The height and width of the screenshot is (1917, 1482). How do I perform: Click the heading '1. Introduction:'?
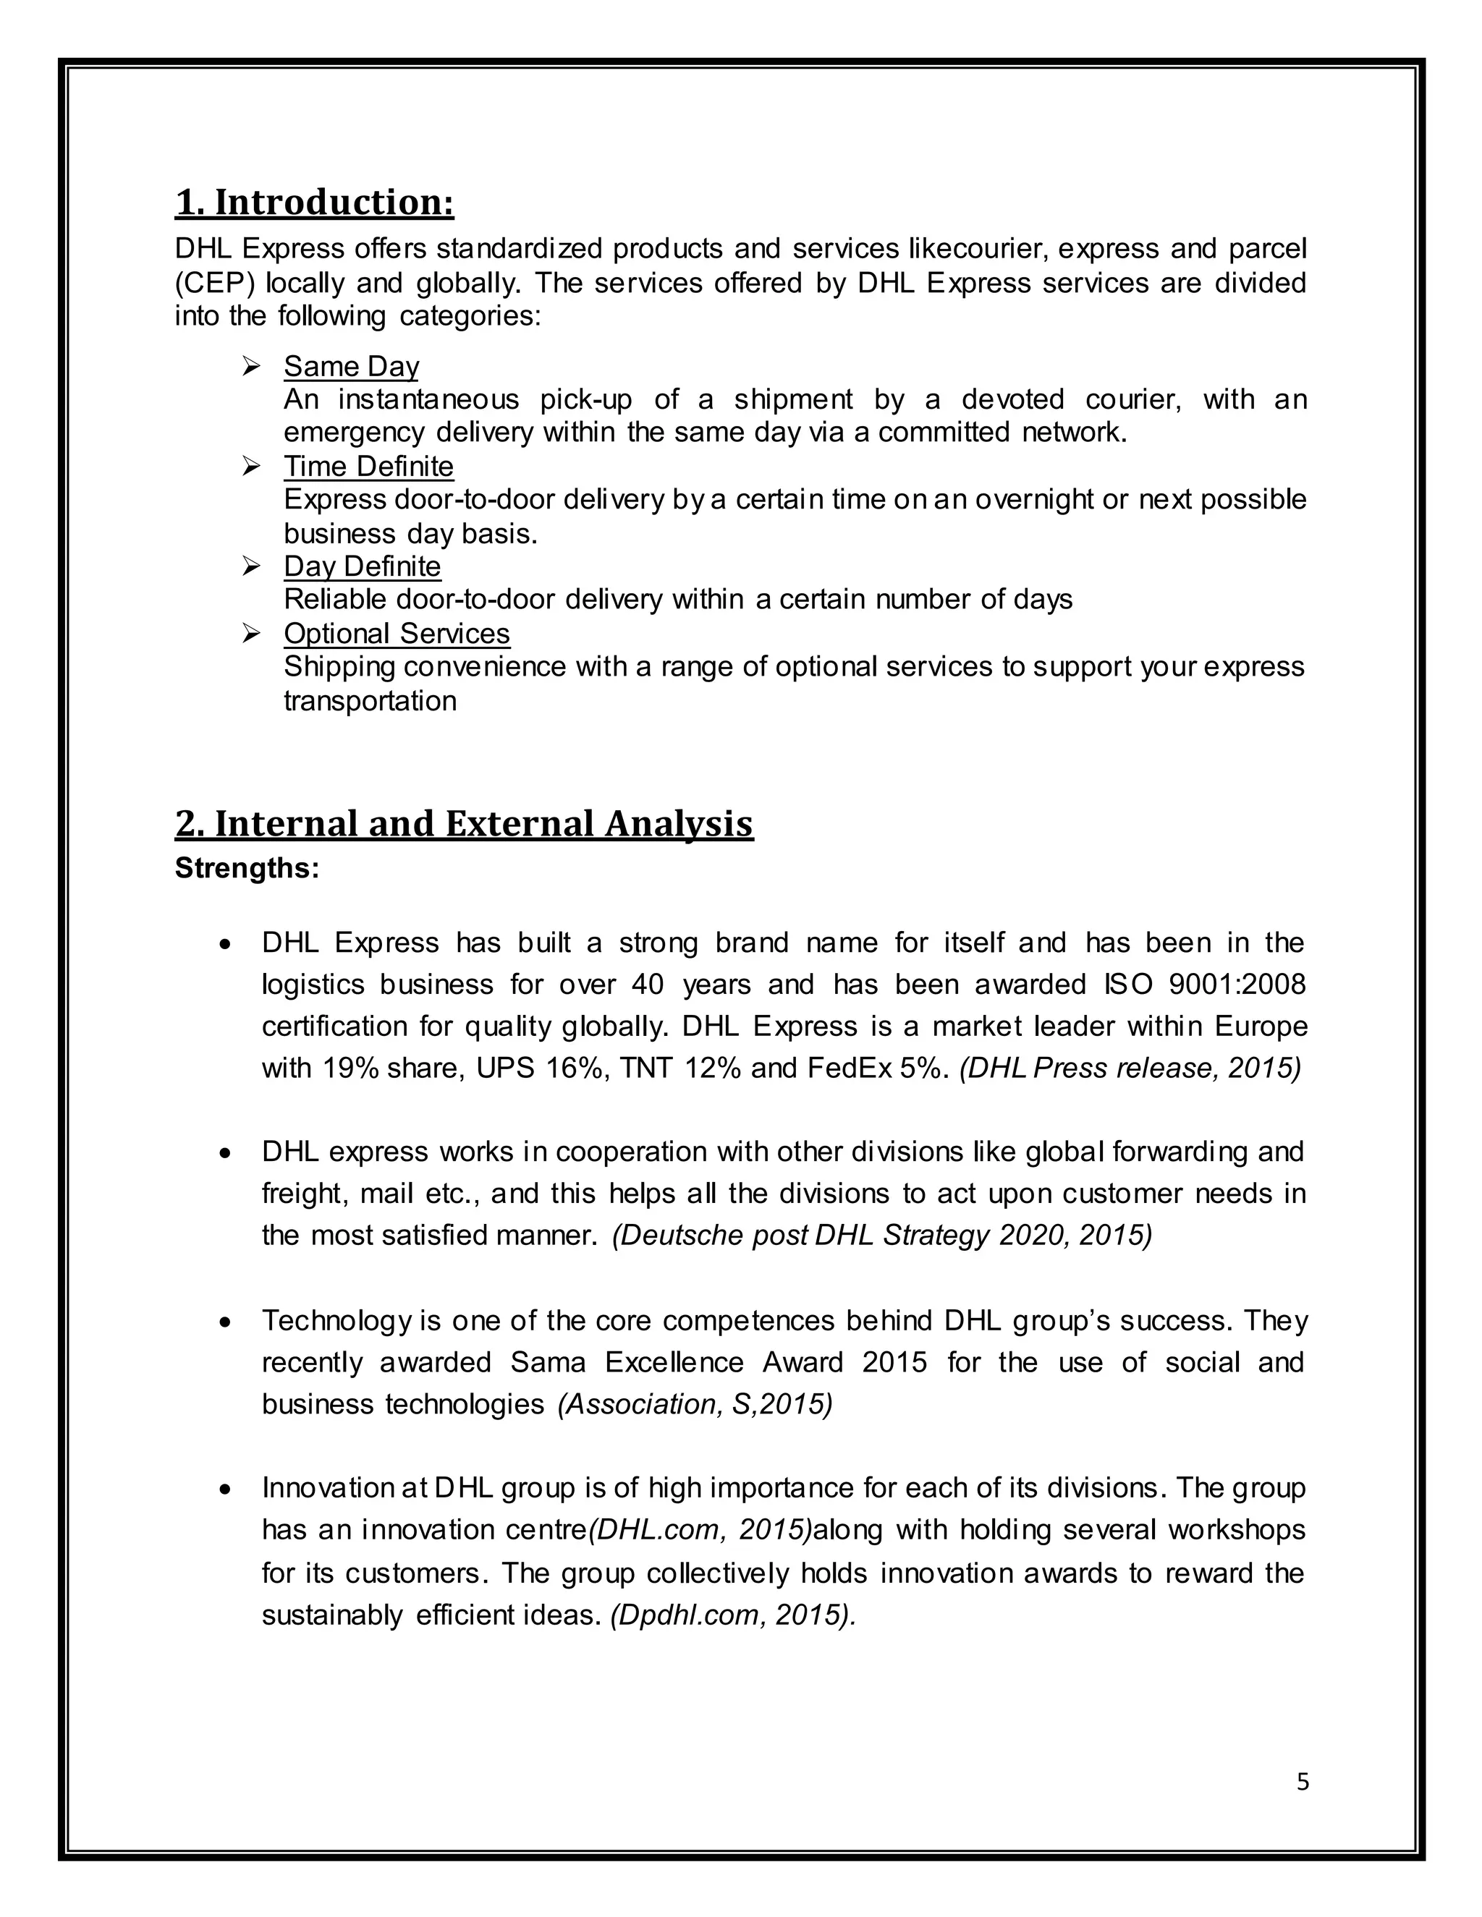click(x=314, y=202)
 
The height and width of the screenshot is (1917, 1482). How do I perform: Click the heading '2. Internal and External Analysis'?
click(x=464, y=823)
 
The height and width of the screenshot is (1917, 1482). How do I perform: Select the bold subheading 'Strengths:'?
click(x=247, y=868)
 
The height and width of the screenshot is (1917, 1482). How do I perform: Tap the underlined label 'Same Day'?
click(x=351, y=366)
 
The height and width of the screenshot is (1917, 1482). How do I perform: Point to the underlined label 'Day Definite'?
click(x=362, y=566)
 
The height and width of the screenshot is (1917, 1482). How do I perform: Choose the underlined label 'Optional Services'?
click(x=396, y=633)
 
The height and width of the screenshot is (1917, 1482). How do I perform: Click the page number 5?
click(x=1302, y=1781)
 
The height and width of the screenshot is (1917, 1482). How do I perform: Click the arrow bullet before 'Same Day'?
click(x=251, y=366)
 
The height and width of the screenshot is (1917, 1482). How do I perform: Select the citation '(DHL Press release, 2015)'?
click(x=1129, y=1068)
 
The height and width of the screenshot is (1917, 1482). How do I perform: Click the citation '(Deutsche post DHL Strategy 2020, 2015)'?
click(x=881, y=1235)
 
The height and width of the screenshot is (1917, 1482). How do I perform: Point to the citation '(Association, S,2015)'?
click(x=695, y=1403)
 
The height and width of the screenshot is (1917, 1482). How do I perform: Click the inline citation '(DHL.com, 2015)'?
click(x=700, y=1530)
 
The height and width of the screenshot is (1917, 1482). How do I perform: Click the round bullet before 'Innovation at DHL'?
click(x=226, y=1489)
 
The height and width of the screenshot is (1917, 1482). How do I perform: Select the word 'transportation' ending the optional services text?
click(x=370, y=700)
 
